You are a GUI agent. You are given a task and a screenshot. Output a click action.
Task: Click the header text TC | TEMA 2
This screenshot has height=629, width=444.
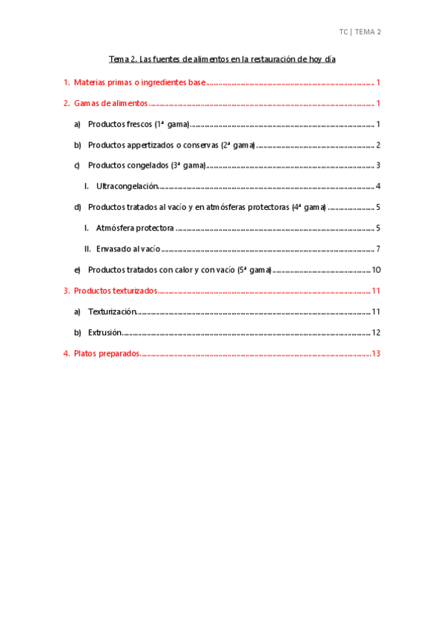tap(359, 32)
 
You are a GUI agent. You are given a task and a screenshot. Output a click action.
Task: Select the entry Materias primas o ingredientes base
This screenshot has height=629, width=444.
tap(139, 82)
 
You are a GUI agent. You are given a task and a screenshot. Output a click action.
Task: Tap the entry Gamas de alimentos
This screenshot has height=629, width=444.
tap(110, 103)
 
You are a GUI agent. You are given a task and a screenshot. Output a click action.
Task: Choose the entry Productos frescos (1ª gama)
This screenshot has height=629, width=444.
tap(139, 124)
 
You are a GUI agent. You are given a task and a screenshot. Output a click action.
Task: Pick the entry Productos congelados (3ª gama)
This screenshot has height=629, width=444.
tap(146, 165)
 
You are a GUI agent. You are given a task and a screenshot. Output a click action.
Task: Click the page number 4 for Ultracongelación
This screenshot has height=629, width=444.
tap(378, 186)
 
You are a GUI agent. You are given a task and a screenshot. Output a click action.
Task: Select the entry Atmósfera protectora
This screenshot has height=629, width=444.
tap(135, 228)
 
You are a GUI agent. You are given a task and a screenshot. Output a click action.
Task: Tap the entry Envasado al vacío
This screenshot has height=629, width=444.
tap(128, 248)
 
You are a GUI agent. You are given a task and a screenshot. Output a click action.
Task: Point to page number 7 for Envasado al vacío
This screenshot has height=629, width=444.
tap(378, 248)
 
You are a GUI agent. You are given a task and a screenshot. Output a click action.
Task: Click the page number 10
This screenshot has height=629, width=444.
tap(376, 269)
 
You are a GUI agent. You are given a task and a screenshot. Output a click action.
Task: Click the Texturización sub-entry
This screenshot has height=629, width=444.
tap(112, 312)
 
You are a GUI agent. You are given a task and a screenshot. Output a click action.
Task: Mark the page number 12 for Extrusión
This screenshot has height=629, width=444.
tap(376, 332)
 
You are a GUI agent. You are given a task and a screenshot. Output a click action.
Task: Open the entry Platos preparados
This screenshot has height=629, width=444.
tap(107, 353)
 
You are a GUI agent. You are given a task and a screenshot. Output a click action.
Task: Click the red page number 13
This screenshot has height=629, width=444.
tap(376, 353)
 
